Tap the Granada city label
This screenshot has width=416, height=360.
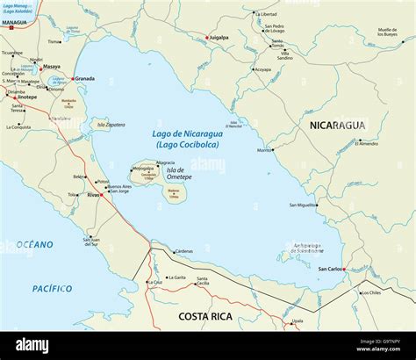(x=85, y=78)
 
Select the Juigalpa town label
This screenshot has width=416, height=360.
(x=217, y=38)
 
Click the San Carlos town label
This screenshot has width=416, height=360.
(x=331, y=269)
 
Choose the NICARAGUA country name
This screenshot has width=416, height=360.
(x=337, y=126)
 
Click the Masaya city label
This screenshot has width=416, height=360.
(x=52, y=67)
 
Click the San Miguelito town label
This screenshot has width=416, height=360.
(x=303, y=205)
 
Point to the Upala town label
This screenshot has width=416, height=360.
(x=298, y=321)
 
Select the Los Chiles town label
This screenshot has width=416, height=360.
(x=370, y=292)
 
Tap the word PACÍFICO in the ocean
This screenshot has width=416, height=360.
(x=52, y=288)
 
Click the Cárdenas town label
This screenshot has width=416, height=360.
(x=183, y=251)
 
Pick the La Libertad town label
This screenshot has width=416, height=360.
(x=268, y=14)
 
